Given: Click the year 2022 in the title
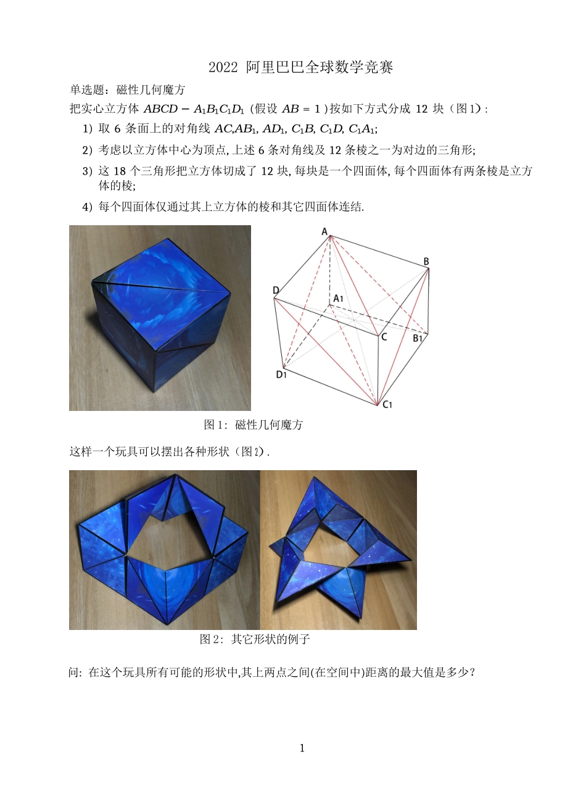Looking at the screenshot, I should click(223, 67).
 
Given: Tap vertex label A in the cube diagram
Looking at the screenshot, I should click(324, 232).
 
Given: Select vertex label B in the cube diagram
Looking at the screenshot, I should click(426, 262).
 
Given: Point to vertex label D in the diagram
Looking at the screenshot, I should click(276, 291).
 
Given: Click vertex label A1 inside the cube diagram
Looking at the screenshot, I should click(338, 299).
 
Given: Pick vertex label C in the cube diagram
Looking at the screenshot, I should click(384, 337).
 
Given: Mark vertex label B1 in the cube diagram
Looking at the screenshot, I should click(418, 338).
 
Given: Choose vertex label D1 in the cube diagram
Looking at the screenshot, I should click(281, 374).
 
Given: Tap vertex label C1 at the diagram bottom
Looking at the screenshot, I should click(387, 405).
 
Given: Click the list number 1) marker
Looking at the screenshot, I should click(88, 129).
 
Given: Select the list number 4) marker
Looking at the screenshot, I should click(88, 207).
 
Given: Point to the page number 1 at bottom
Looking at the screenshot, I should click(302, 748).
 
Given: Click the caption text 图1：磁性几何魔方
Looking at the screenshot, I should click(253, 425).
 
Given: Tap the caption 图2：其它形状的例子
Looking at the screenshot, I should click(254, 639).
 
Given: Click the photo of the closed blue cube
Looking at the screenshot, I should click(160, 318).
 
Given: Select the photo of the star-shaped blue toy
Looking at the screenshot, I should click(339, 550).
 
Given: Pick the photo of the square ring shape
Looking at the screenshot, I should click(164, 550).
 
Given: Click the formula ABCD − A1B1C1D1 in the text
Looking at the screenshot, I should click(194, 109).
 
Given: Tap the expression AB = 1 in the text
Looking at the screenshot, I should click(301, 109).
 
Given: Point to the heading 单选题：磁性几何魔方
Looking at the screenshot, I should click(128, 90).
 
